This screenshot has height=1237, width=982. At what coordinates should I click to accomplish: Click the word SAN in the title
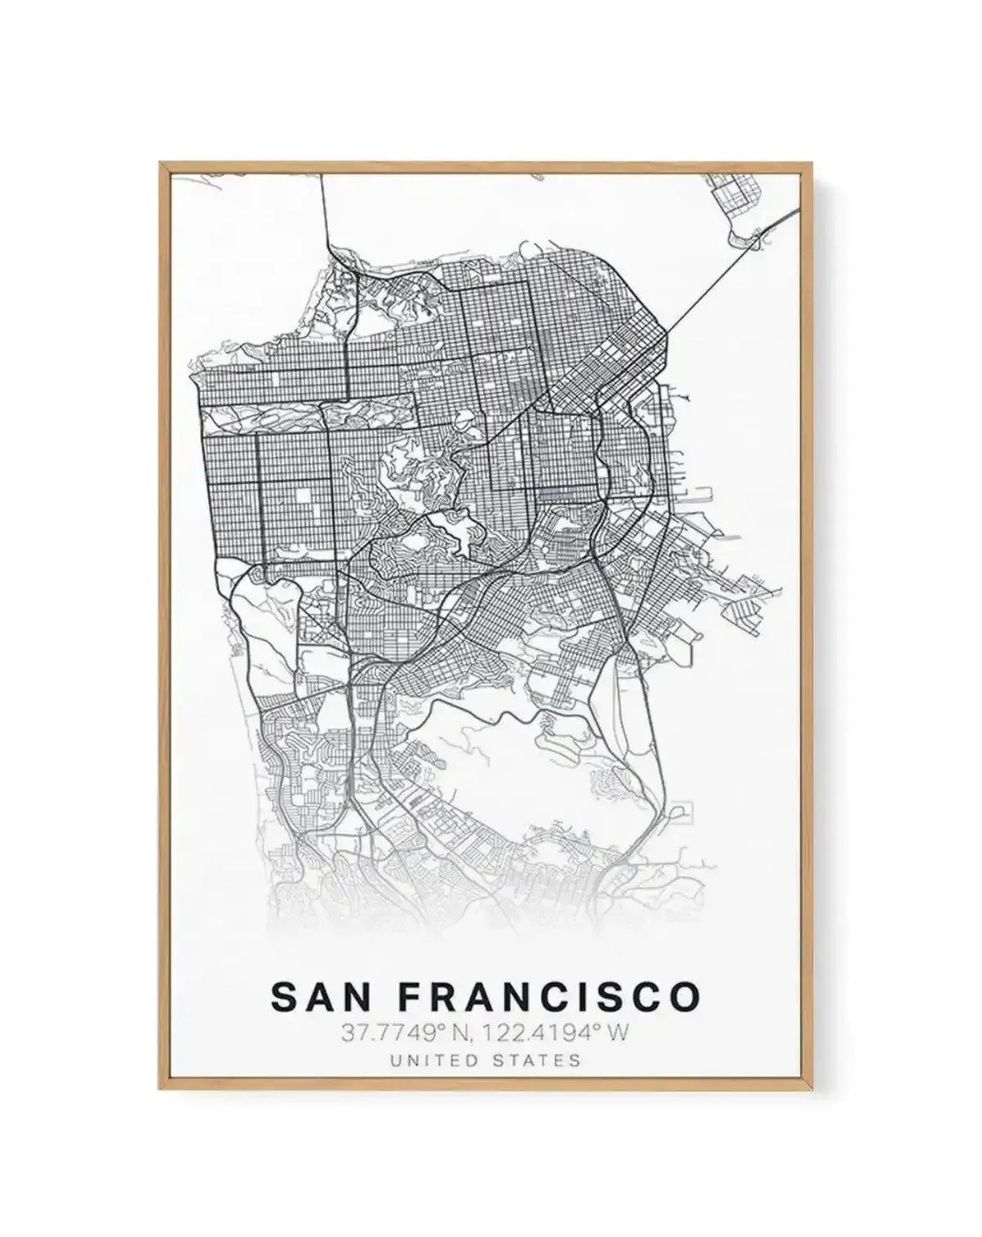tap(316, 997)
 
